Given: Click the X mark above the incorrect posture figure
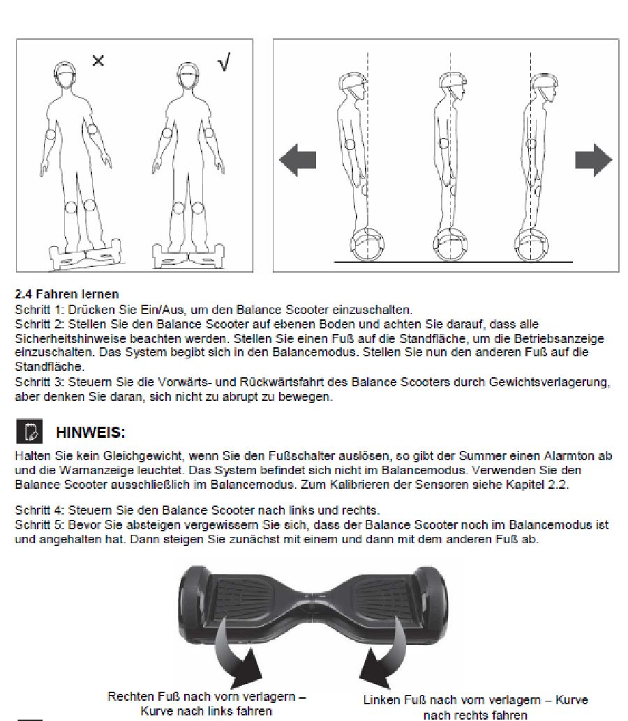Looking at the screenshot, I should [x=98, y=61].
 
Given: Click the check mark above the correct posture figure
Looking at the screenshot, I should [x=223, y=63].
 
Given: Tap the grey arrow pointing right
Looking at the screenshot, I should [x=593, y=160].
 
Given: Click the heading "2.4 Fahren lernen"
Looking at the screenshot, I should [x=66, y=294].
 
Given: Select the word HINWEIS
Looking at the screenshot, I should [x=90, y=433].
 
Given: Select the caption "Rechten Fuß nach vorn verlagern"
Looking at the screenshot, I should [x=207, y=697].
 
